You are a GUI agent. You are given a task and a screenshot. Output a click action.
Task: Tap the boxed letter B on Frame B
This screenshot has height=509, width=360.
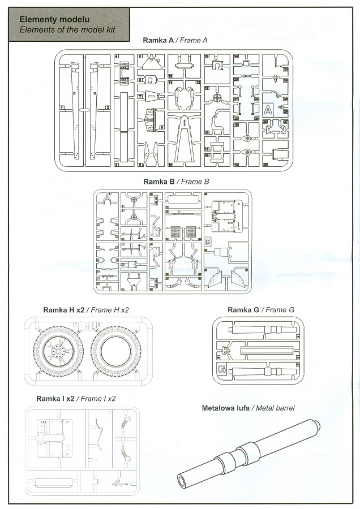click(x=207, y=241)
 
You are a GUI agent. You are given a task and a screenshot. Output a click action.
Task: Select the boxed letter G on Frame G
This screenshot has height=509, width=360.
click(x=221, y=370)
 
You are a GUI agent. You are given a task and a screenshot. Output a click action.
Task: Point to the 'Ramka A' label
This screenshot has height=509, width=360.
click(x=158, y=41)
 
